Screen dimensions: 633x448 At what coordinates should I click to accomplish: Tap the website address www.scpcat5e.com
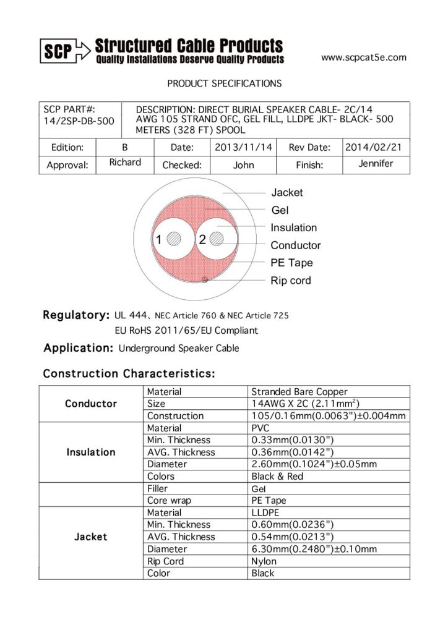pyautogui.click(x=364, y=57)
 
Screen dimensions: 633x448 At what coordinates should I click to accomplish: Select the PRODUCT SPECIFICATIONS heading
pyautogui.click(x=224, y=83)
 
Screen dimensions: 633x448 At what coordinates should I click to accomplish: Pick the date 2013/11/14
pyautogui.click(x=243, y=147)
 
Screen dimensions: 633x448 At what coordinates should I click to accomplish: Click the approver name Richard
pyautogui.click(x=125, y=163)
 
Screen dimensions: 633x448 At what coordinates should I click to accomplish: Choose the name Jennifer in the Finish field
pyautogui.click(x=376, y=164)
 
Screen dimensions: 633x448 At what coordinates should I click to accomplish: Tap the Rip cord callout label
pyautogui.click(x=291, y=281)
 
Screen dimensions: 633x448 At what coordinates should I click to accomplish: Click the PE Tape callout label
pyautogui.click(x=291, y=263)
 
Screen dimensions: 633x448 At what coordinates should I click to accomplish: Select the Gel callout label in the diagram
pyautogui.click(x=280, y=210)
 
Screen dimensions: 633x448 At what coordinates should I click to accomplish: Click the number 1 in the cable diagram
pyautogui.click(x=159, y=240)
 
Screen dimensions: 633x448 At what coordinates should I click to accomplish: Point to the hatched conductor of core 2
pyautogui.click(x=217, y=239)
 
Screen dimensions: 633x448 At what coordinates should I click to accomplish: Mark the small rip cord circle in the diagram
pyautogui.click(x=205, y=280)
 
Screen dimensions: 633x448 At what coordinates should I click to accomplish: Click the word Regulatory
pyautogui.click(x=76, y=315)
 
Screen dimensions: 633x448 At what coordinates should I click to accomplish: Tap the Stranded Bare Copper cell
pyautogui.click(x=299, y=391)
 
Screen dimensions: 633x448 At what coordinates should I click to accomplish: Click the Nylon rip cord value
pyautogui.click(x=264, y=561)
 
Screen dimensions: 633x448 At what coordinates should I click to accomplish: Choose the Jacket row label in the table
pyautogui.click(x=91, y=537)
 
